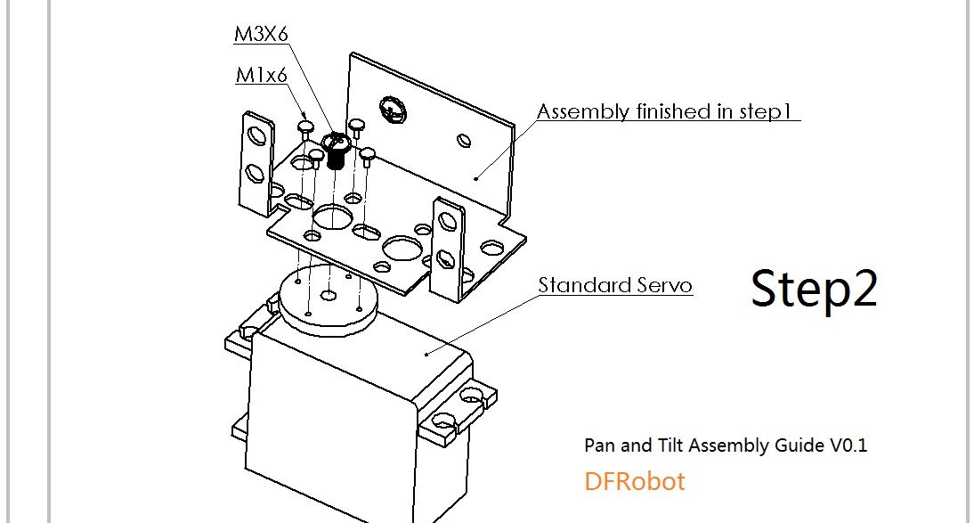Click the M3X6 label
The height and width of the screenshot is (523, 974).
click(261, 34)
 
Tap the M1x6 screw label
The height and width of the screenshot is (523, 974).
click(262, 75)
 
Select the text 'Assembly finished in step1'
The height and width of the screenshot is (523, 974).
click(665, 111)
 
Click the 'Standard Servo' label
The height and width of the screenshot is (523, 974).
click(615, 285)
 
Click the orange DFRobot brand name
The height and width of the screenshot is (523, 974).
click(634, 481)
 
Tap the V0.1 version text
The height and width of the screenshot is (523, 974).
click(848, 445)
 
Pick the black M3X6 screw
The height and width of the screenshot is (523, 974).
click(336, 151)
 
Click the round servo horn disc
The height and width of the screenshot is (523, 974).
click(328, 299)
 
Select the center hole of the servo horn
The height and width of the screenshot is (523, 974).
click(329, 296)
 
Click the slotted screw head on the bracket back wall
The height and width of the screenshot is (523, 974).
click(392, 110)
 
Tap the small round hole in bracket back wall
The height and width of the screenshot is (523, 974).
click(464, 141)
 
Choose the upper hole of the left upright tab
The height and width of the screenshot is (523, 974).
click(256, 135)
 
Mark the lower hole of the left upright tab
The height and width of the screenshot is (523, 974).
click(255, 174)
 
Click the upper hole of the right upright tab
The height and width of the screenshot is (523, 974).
click(447, 221)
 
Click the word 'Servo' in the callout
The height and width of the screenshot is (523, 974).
click(664, 285)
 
